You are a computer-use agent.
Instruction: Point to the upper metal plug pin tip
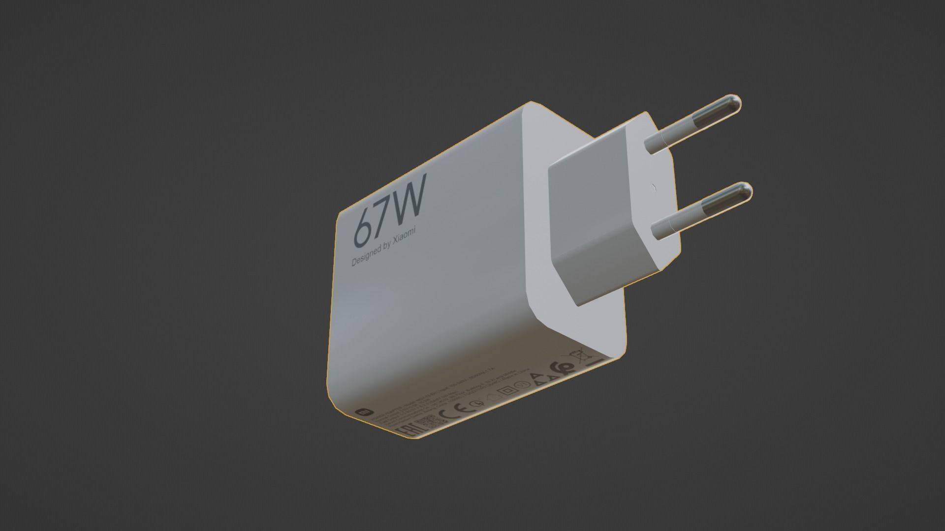coord(733,106)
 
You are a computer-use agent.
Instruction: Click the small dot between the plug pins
coord(653,187)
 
